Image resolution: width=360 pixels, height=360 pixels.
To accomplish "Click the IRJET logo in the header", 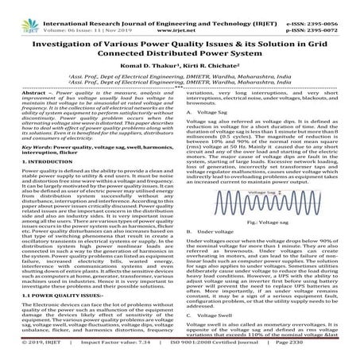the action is (x=25, y=13).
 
